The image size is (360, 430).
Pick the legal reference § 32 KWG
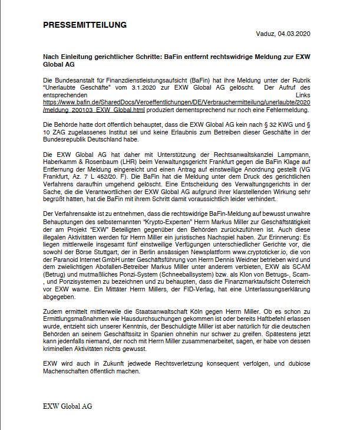pos(288,124)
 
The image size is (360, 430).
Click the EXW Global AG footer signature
pos(67,406)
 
